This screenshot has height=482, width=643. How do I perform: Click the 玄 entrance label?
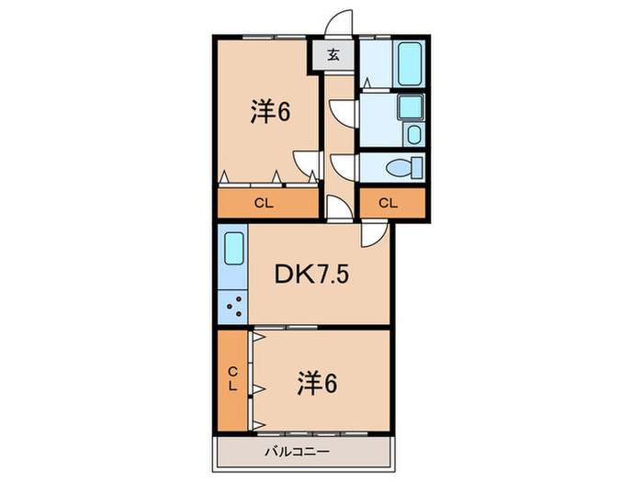(333, 54)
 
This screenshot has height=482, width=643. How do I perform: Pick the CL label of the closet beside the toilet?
(389, 203)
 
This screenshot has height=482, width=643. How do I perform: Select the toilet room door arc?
(341, 166)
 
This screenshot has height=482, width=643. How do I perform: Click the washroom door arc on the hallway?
(341, 113)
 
